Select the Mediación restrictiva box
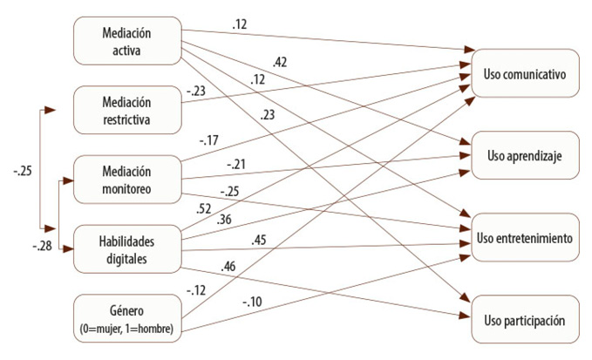[x=127, y=111]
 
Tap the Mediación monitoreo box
[x=127, y=179]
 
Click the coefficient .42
[x=280, y=62]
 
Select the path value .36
[x=225, y=220]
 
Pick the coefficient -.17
[x=208, y=139]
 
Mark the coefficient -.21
[x=235, y=163]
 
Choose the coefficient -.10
[x=252, y=302]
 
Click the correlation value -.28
[x=41, y=247]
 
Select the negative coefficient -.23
[x=194, y=89]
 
